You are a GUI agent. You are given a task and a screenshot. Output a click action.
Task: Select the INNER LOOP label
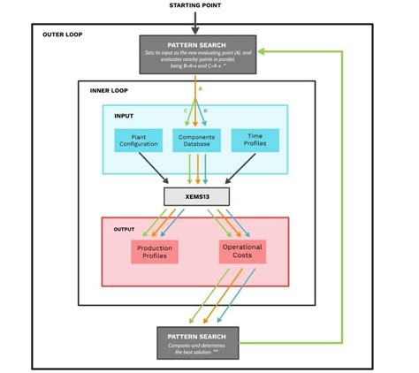tap(110, 90)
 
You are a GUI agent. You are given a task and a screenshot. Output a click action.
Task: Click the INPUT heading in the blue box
tap(126, 116)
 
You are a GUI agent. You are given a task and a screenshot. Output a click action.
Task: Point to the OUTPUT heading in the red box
tap(124, 229)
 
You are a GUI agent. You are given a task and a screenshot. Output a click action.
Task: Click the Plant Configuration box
tap(140, 139)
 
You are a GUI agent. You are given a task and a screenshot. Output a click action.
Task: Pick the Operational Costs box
tap(240, 251)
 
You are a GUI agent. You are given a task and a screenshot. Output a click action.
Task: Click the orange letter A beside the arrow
tap(202, 88)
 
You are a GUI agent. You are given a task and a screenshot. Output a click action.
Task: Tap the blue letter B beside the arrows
tap(204, 110)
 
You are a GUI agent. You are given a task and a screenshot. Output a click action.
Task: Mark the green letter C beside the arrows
tap(185, 110)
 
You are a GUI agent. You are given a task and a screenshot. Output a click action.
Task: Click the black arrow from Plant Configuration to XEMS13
tap(157, 171)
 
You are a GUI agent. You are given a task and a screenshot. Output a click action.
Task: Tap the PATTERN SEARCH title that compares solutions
tap(197, 336)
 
